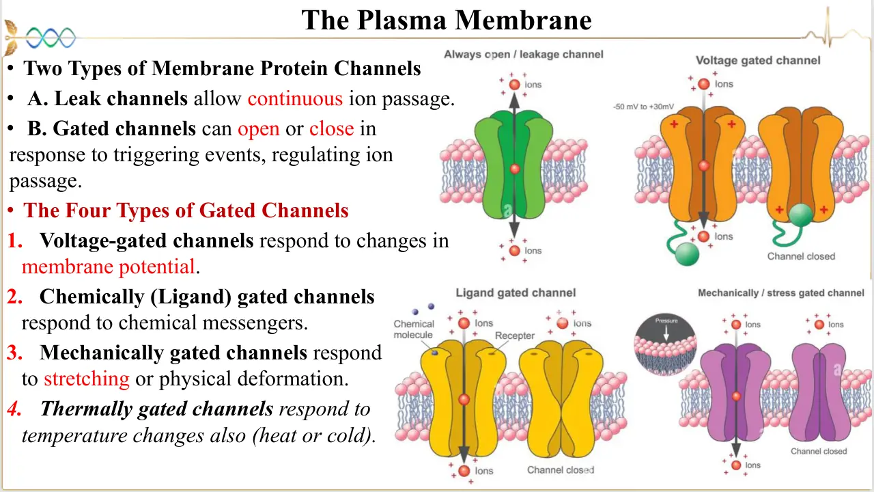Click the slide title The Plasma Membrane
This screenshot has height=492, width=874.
tap(447, 20)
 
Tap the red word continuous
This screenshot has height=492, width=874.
tap(295, 98)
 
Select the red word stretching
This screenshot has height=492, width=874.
tap(87, 379)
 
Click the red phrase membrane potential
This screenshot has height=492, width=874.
tap(109, 266)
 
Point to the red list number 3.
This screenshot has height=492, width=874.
tap(15, 352)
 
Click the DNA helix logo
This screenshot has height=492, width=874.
tap(51, 38)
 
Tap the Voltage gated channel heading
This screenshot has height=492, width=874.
tap(758, 61)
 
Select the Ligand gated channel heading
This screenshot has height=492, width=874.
tap(516, 293)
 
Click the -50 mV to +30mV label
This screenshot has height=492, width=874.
tap(643, 107)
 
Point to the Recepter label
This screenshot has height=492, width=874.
tap(515, 336)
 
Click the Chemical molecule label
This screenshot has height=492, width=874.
tap(414, 329)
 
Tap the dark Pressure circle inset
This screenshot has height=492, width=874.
tap(666, 344)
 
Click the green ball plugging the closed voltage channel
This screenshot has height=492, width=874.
tap(801, 215)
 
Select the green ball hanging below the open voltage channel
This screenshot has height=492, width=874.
tap(687, 254)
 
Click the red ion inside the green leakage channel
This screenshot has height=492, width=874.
tap(515, 169)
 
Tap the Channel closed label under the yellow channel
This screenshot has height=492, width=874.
tap(561, 469)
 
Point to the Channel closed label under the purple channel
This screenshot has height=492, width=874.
tap(819, 452)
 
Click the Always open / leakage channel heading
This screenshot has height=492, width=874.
tap(524, 54)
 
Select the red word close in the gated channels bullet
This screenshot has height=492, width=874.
tap(332, 128)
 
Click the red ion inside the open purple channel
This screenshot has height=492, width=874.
tap(736, 396)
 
